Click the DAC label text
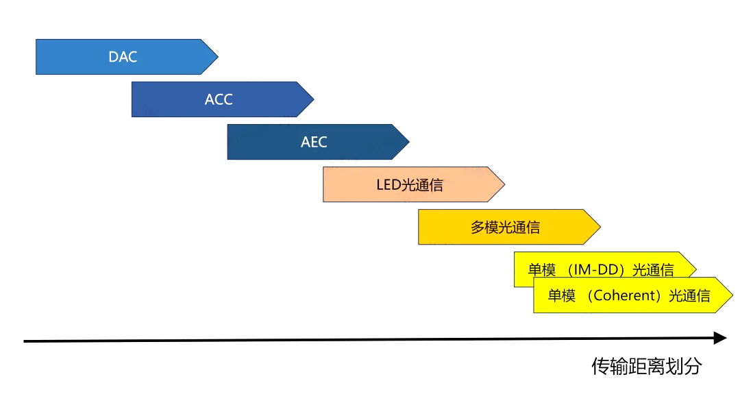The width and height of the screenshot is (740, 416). point(123,57)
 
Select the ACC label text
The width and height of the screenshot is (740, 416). point(219,99)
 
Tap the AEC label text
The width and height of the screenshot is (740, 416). point(314,142)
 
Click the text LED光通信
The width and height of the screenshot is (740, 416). point(409,184)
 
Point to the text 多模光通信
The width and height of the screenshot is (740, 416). point(505,228)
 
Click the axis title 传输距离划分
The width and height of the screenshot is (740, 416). point(646,366)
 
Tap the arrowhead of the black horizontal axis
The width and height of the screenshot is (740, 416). point(720,338)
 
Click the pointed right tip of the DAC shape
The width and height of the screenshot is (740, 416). point(217,57)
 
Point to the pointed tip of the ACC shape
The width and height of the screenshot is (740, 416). point(313,99)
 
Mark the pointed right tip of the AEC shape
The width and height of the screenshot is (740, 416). point(408,142)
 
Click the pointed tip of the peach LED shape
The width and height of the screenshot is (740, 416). point(504,184)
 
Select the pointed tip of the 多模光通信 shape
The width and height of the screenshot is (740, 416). point(600,227)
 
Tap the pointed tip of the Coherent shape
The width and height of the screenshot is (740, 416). point(732,295)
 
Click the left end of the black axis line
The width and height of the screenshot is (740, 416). point(25,341)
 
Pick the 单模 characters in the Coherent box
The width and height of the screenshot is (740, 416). point(562,296)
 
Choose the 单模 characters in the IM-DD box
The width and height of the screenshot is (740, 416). point(541,270)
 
